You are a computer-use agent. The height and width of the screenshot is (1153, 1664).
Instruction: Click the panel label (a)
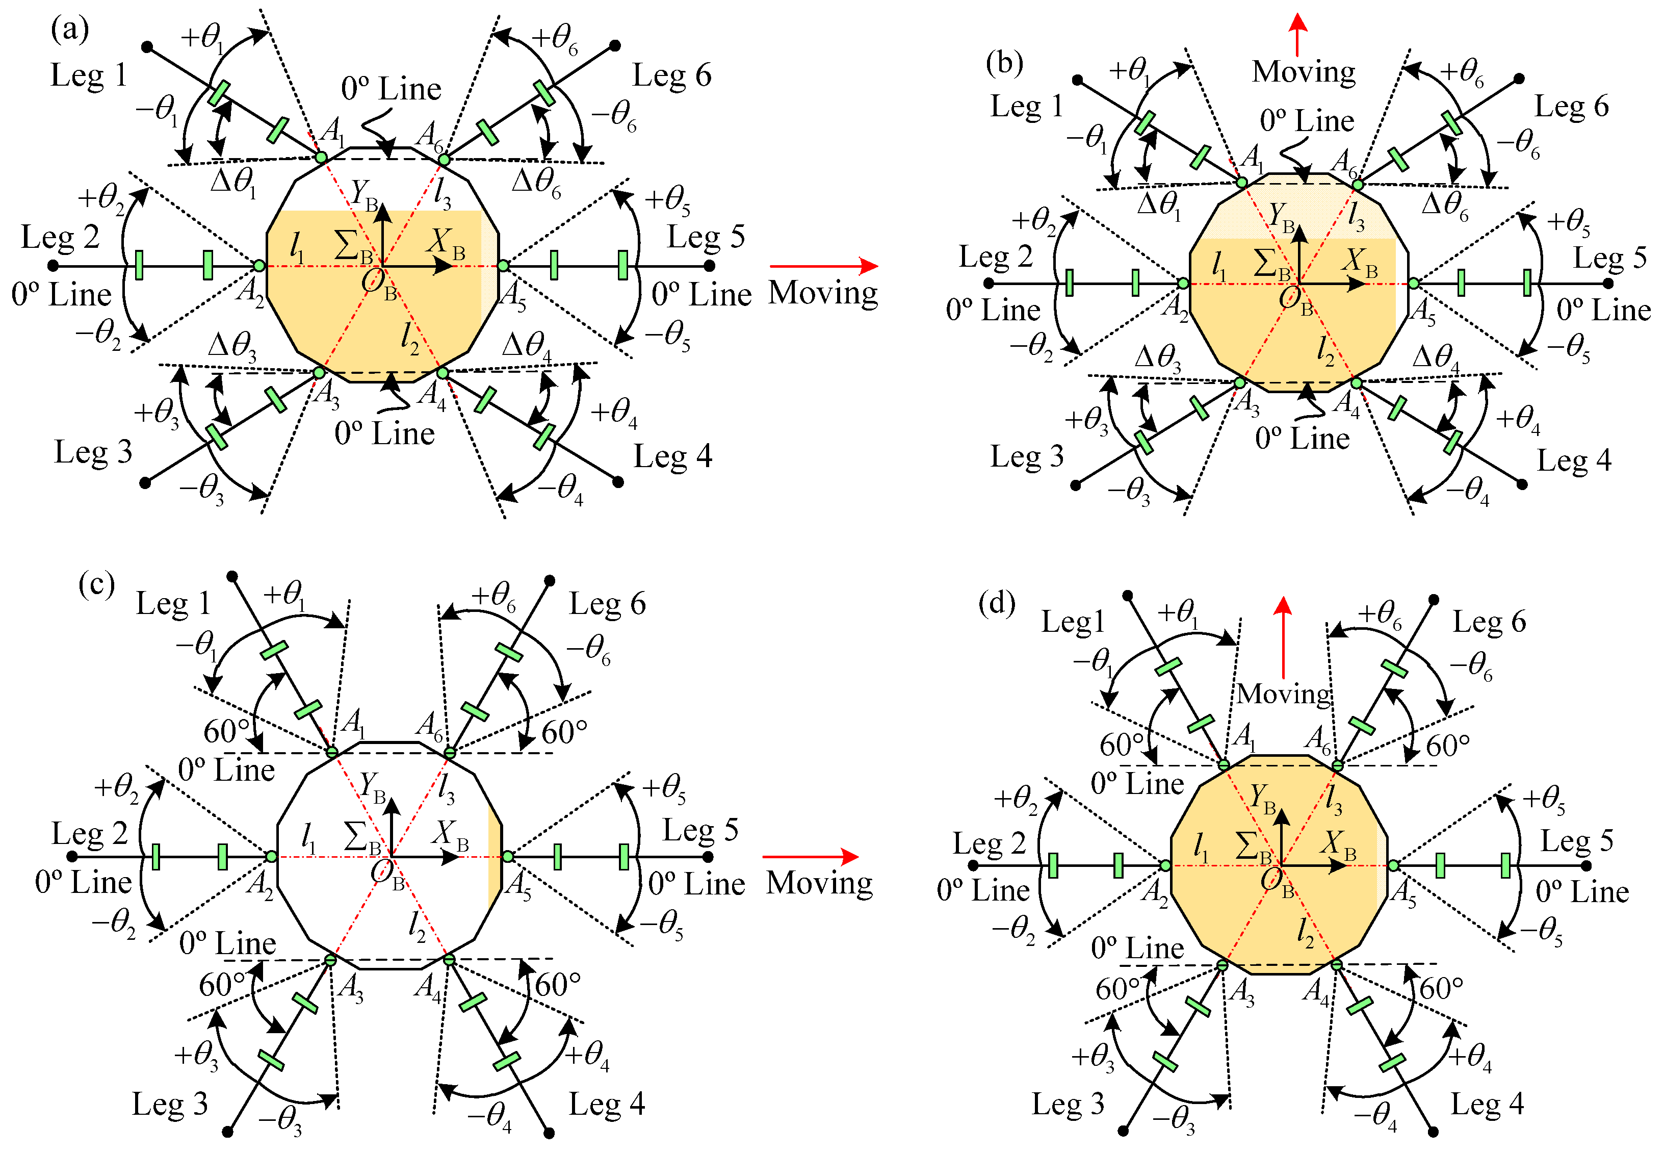coord(70,31)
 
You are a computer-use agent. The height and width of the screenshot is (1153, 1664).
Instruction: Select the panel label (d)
coord(997,602)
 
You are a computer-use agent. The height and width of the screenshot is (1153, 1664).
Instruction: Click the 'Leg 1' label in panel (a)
coord(88,75)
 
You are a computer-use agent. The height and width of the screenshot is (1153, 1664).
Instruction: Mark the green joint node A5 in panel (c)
coord(508,857)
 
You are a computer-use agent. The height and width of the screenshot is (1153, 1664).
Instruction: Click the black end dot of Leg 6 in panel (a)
coord(615,45)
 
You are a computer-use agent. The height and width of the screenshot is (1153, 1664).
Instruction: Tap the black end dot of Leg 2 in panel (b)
coord(989,283)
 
